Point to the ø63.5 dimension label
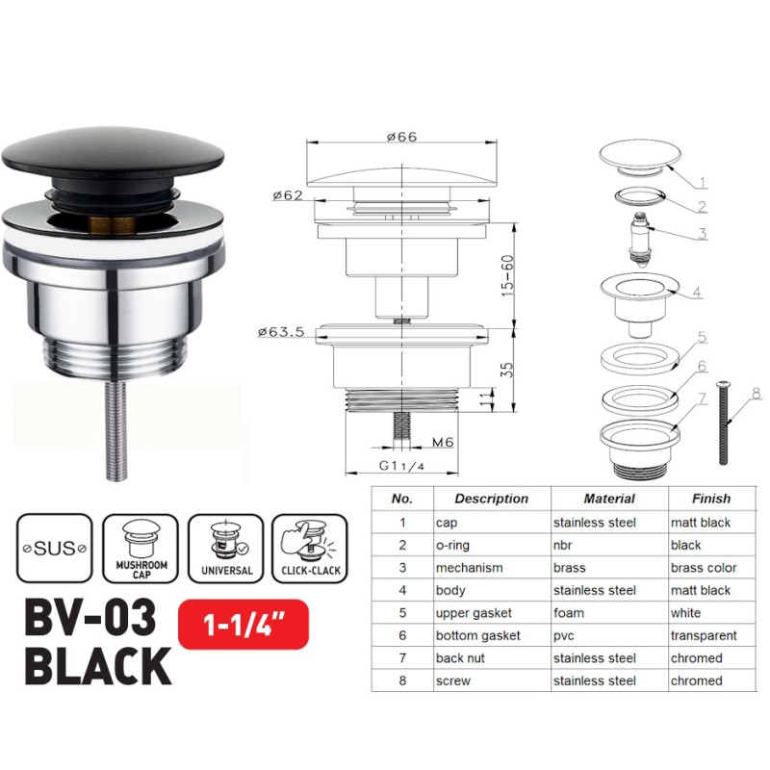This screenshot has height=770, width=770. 282,332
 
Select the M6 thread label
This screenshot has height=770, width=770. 444,442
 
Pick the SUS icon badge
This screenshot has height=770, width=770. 54,548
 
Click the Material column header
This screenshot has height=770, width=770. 609,499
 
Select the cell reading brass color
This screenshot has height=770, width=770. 704,568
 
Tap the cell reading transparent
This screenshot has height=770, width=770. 705,635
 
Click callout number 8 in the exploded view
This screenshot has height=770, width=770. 756,393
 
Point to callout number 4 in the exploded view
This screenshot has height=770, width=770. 697,292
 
